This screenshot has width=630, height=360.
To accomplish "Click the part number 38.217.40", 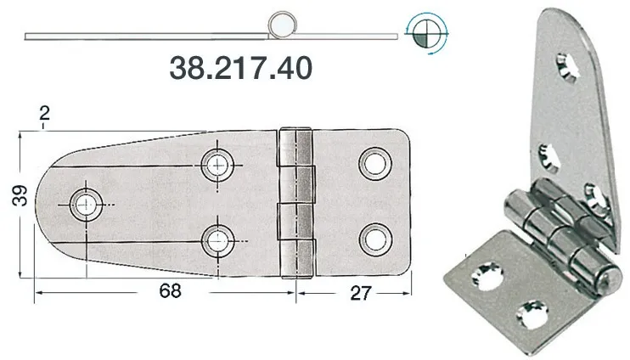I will point(240,69).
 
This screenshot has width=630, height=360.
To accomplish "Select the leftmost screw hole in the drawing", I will point(86,202).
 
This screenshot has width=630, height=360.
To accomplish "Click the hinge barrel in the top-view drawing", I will point(295,202).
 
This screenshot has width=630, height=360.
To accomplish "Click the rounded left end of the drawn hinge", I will point(47,202).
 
